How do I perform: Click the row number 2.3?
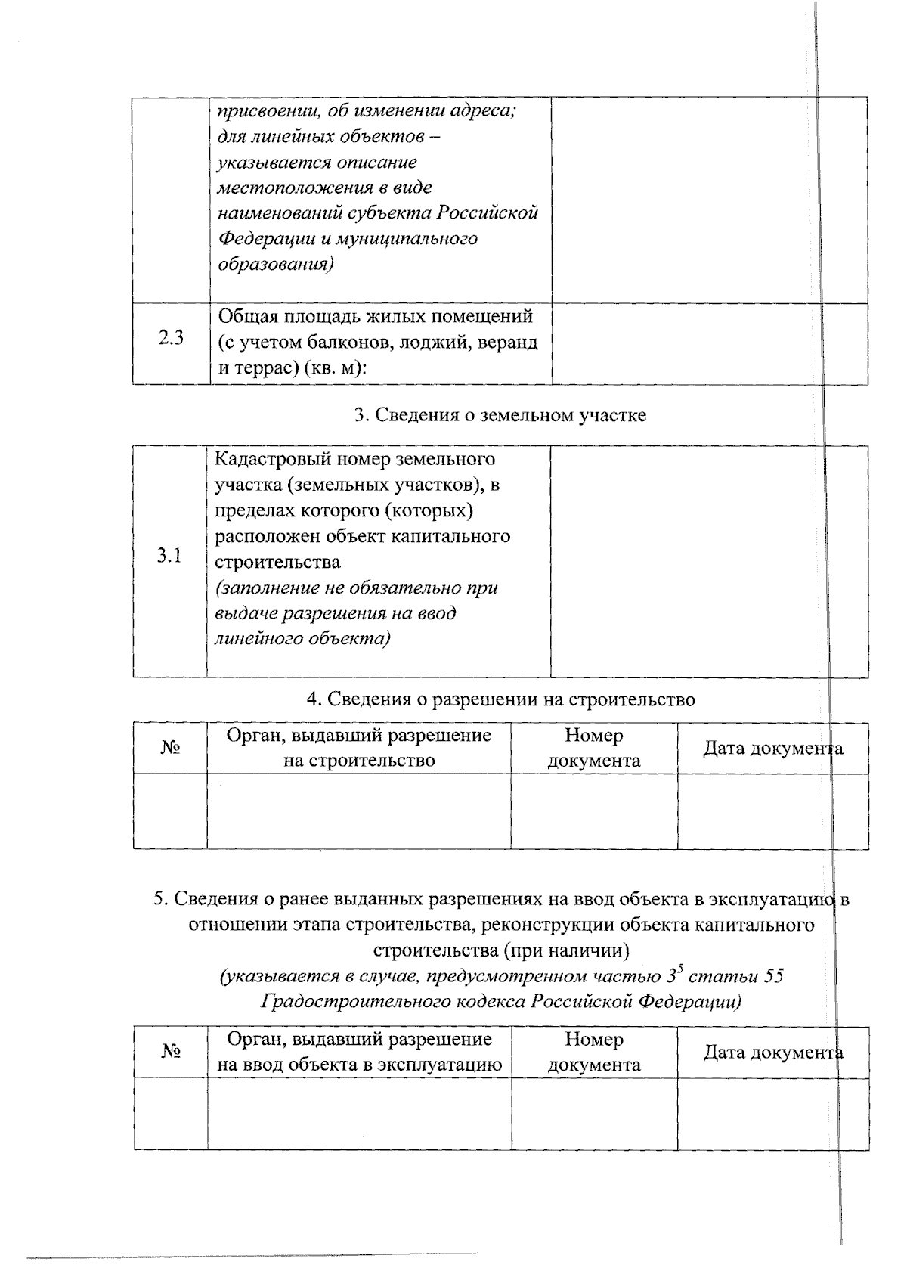click(171, 338)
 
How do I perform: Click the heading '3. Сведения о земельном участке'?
click(500, 415)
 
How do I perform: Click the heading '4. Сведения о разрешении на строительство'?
click(500, 699)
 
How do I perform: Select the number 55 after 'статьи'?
click(772, 976)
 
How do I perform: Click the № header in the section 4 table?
click(170, 747)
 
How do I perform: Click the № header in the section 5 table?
click(171, 1051)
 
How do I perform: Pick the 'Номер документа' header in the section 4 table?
click(593, 747)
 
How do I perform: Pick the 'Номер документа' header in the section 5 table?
click(593, 1052)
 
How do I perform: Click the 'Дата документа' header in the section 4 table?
click(772, 749)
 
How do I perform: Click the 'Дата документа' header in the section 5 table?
click(772, 1053)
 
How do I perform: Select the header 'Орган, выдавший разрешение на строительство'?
click(359, 747)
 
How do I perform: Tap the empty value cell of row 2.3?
click(709, 343)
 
